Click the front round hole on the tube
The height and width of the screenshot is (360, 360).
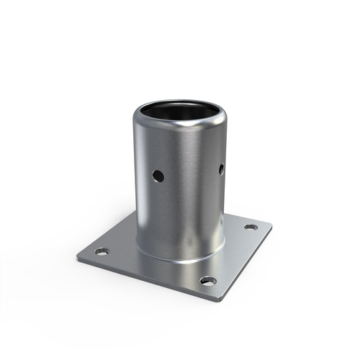pyautogui.click(x=158, y=176)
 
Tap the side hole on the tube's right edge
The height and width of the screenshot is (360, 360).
pyautogui.click(x=221, y=169)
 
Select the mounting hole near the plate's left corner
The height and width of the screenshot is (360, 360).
pyautogui.click(x=102, y=251)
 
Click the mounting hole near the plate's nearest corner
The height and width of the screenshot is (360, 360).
pyautogui.click(x=207, y=280)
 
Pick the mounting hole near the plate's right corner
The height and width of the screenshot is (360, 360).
pyautogui.click(x=251, y=227)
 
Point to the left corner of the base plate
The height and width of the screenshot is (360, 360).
pyautogui.click(x=78, y=257)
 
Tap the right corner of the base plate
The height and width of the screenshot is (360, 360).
pyautogui.click(x=271, y=225)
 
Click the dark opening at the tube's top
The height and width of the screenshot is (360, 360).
pyautogui.click(x=180, y=109)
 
